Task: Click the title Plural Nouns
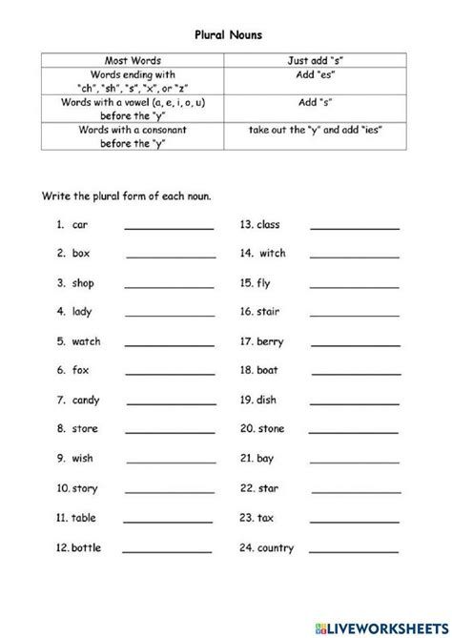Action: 226,33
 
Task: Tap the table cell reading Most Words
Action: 134,59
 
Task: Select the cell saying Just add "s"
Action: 314,59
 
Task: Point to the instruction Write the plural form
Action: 126,196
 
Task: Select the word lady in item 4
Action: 82,312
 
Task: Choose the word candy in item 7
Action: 85,400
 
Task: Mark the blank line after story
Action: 169,491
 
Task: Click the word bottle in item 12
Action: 86,547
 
